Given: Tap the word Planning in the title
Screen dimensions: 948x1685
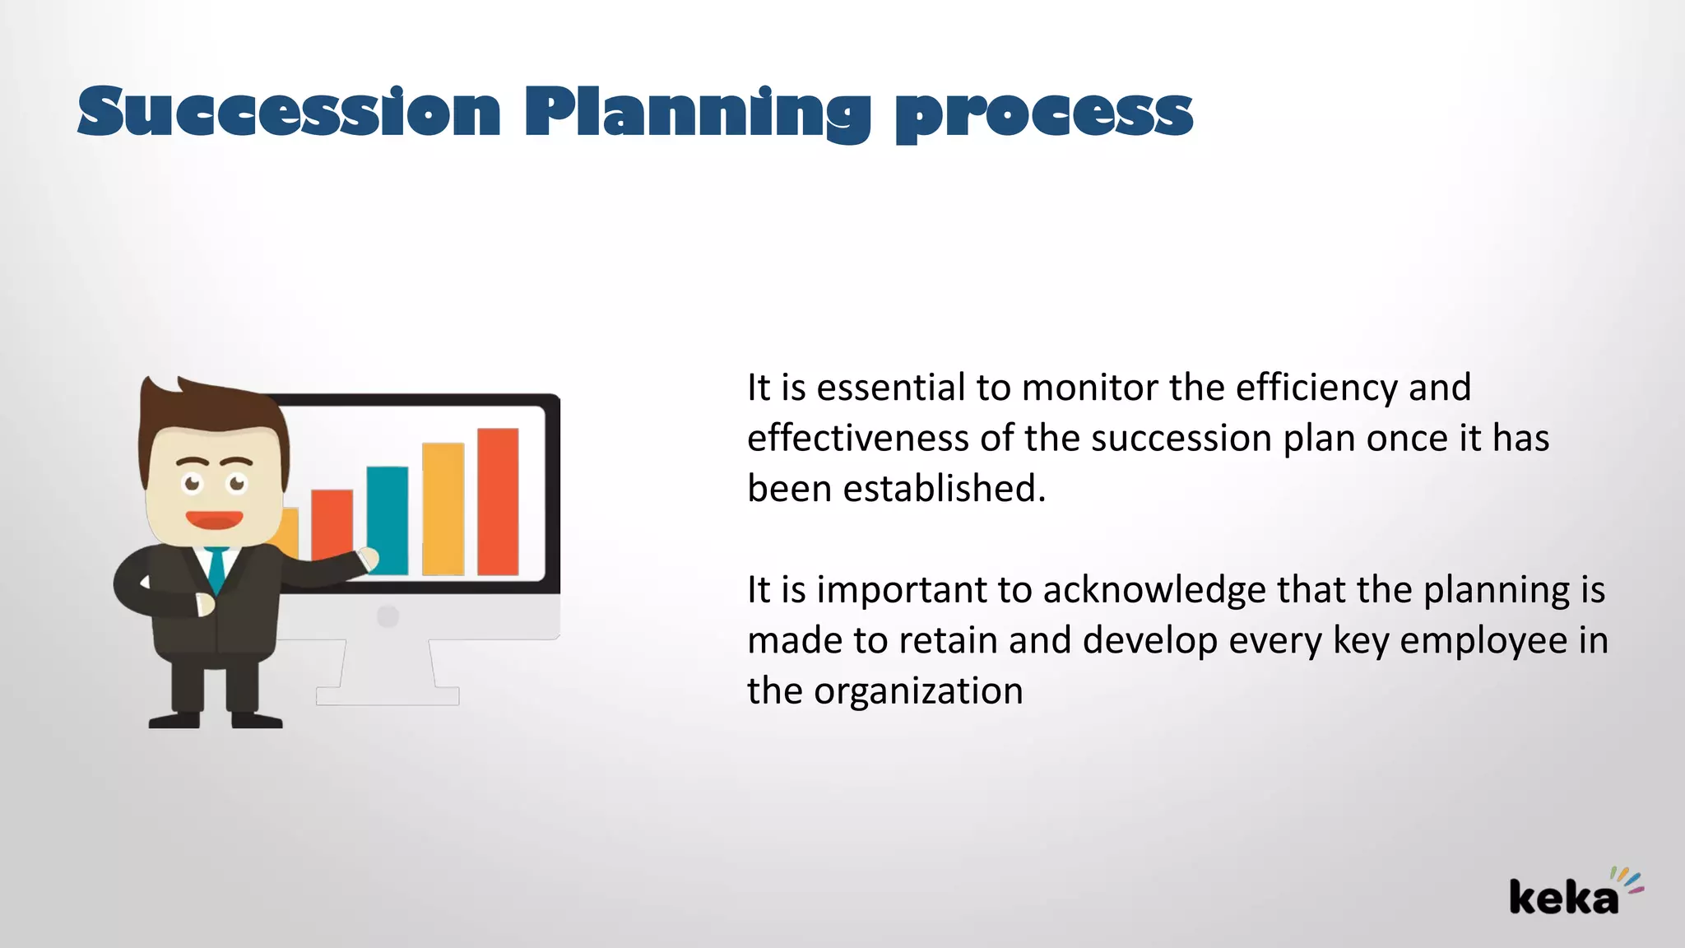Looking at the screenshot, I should click(x=697, y=114).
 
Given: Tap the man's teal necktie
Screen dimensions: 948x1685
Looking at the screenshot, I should click(x=216, y=568).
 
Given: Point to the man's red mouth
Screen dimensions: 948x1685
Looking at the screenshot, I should click(x=214, y=520).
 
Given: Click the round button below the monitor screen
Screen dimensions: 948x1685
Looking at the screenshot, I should click(x=388, y=616).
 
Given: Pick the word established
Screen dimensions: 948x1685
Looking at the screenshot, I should click(x=944, y=489).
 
